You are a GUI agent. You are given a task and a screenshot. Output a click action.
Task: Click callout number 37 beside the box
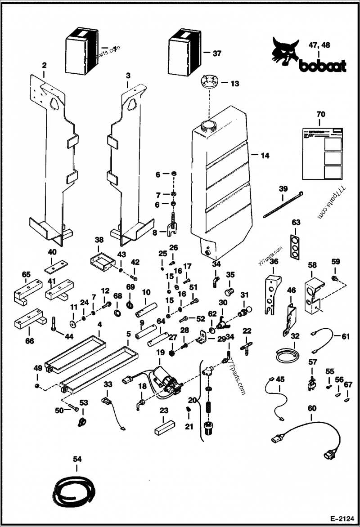click(x=217, y=53)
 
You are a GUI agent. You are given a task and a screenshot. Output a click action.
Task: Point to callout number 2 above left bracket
click(x=44, y=66)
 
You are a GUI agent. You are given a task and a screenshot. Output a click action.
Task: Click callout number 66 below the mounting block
click(x=29, y=341)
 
